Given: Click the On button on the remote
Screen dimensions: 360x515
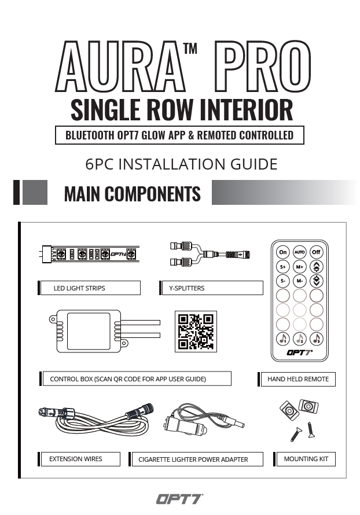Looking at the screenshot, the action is (x=283, y=252).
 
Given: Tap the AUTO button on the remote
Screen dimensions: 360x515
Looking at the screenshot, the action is (x=300, y=252).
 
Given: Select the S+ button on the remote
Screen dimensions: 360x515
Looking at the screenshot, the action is (x=283, y=267).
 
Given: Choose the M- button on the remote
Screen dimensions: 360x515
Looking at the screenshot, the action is (x=300, y=281).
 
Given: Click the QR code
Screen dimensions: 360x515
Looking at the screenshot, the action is (x=196, y=332).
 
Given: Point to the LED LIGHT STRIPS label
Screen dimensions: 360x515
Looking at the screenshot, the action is (x=79, y=288).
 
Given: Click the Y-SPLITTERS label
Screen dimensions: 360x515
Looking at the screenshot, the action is (x=186, y=288).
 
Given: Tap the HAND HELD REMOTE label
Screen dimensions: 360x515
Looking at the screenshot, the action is (x=298, y=379).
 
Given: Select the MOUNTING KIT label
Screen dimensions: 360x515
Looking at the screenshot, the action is (x=306, y=459).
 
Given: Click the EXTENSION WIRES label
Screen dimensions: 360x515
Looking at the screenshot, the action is (x=76, y=459).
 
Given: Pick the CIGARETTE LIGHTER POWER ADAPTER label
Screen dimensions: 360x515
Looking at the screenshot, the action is (x=193, y=459).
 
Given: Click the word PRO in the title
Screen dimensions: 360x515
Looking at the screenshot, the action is (x=263, y=67).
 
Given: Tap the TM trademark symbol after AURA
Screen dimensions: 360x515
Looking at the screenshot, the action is (x=190, y=49).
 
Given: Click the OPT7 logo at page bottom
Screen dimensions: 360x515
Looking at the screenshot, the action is (x=179, y=499).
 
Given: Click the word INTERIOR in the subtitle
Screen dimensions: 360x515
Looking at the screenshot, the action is (x=246, y=110).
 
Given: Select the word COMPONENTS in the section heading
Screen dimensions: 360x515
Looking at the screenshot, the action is (x=152, y=193).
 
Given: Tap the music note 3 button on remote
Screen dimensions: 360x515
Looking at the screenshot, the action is (x=317, y=339).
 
